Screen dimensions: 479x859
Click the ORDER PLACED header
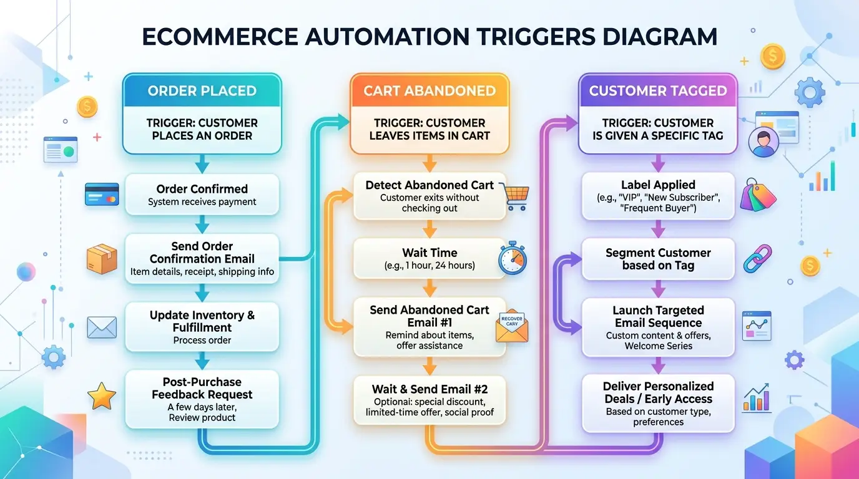[x=202, y=91]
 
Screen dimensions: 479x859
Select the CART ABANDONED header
[x=430, y=91]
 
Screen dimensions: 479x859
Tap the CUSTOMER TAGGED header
[x=657, y=91]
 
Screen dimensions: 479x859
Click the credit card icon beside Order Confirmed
[x=102, y=194]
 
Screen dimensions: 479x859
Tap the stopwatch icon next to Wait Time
[x=512, y=259]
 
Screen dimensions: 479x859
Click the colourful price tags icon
[x=757, y=195]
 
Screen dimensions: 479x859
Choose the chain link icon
[x=757, y=259]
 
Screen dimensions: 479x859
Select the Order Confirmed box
[x=202, y=195]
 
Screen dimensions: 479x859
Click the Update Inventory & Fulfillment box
[x=202, y=327]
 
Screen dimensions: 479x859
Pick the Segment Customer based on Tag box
[x=657, y=259]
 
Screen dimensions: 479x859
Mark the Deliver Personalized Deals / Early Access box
[x=657, y=403]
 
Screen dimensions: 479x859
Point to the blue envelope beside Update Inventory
[x=102, y=327]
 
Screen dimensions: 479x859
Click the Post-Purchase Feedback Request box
[x=202, y=399]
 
